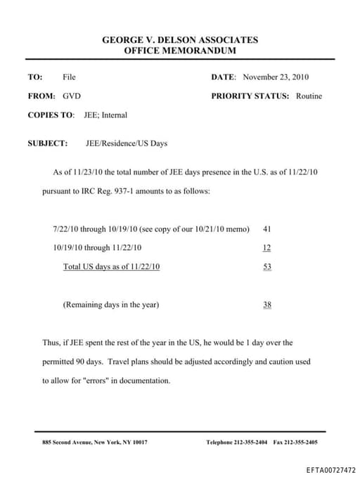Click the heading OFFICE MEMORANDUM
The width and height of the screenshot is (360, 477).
(x=180, y=51)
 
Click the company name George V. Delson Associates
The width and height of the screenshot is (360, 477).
(x=180, y=40)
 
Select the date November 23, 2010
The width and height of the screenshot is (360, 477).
(x=276, y=77)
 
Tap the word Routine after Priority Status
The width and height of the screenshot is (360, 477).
(x=309, y=96)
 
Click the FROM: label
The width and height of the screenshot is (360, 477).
(x=41, y=96)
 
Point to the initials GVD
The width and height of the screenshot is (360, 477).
(x=71, y=96)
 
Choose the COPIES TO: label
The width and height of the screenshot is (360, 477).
(x=51, y=115)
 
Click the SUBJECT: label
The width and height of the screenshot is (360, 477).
(x=48, y=144)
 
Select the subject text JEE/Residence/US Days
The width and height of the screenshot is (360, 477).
(x=127, y=144)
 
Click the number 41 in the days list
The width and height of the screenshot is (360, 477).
(x=266, y=229)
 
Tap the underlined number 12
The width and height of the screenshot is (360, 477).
(x=266, y=248)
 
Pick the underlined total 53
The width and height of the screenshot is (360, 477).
(x=266, y=267)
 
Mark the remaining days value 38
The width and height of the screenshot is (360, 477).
(x=266, y=305)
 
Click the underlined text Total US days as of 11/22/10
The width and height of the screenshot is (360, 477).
(x=112, y=267)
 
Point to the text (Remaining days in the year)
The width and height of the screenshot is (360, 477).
(x=111, y=305)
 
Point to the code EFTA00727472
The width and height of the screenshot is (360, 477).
(x=331, y=469)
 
